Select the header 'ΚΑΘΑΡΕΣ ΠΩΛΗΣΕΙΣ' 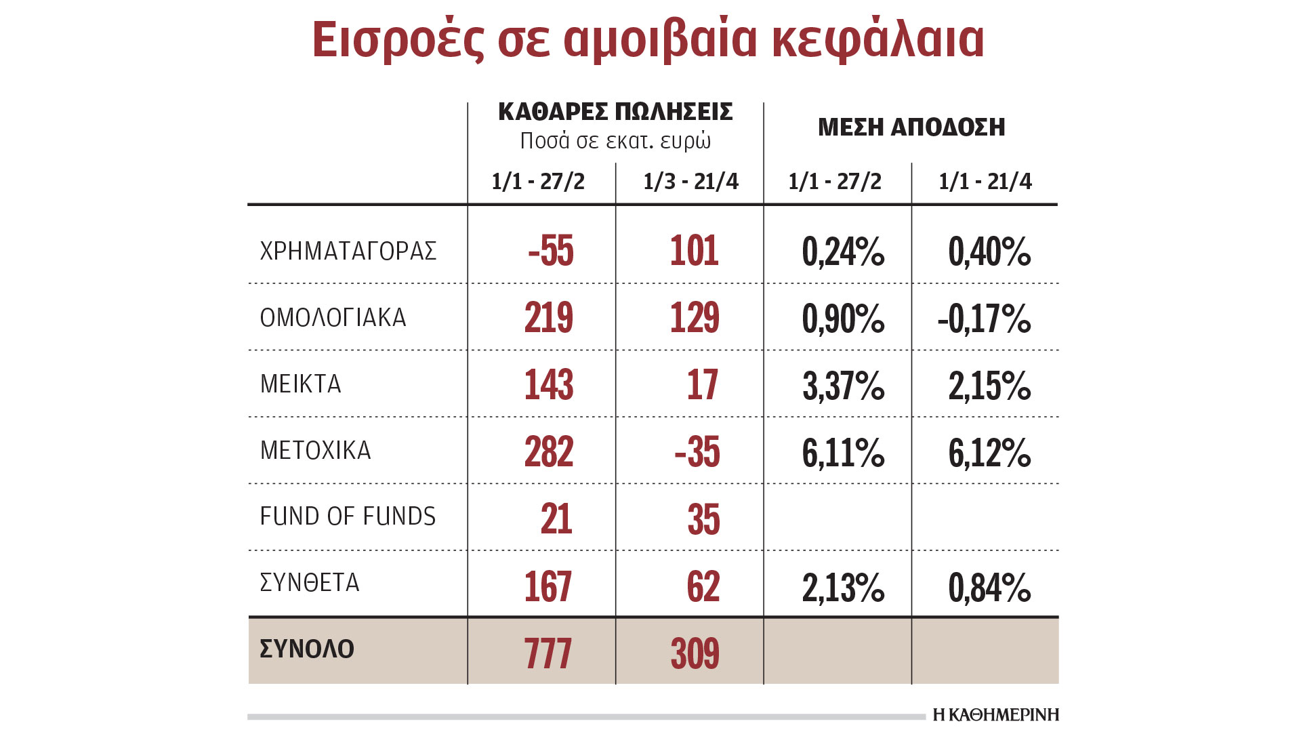pos(615,112)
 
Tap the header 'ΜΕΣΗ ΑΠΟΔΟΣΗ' pos(911,127)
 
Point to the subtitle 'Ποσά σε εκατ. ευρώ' pos(615,141)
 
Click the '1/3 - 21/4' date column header pos(690,182)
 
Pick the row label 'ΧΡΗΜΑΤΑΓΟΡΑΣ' pos(348,251)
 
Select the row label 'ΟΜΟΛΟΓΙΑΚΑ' pos(333,317)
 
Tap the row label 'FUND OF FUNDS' pos(348,516)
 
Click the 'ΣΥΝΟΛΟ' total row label pos(307,649)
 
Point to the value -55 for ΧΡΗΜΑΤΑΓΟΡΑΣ pos(551,251)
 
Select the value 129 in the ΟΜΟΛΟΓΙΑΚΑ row pos(695,317)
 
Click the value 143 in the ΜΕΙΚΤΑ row pos(549,384)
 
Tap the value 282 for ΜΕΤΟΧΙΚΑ pos(549,451)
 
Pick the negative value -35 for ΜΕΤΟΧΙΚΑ pos(697,451)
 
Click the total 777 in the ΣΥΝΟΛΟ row pos(548,653)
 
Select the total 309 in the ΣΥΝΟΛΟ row pos(695,653)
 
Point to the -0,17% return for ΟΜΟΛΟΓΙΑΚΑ pos(984,319)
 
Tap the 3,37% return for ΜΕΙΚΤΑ pos(843,386)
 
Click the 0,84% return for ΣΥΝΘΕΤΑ pos(989,587)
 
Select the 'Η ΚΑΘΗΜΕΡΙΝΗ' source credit pos(995,714)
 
